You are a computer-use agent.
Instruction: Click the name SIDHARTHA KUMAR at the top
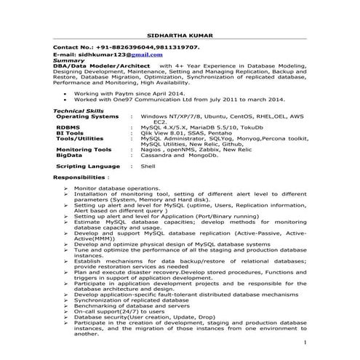180,35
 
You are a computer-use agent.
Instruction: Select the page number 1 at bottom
307,341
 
